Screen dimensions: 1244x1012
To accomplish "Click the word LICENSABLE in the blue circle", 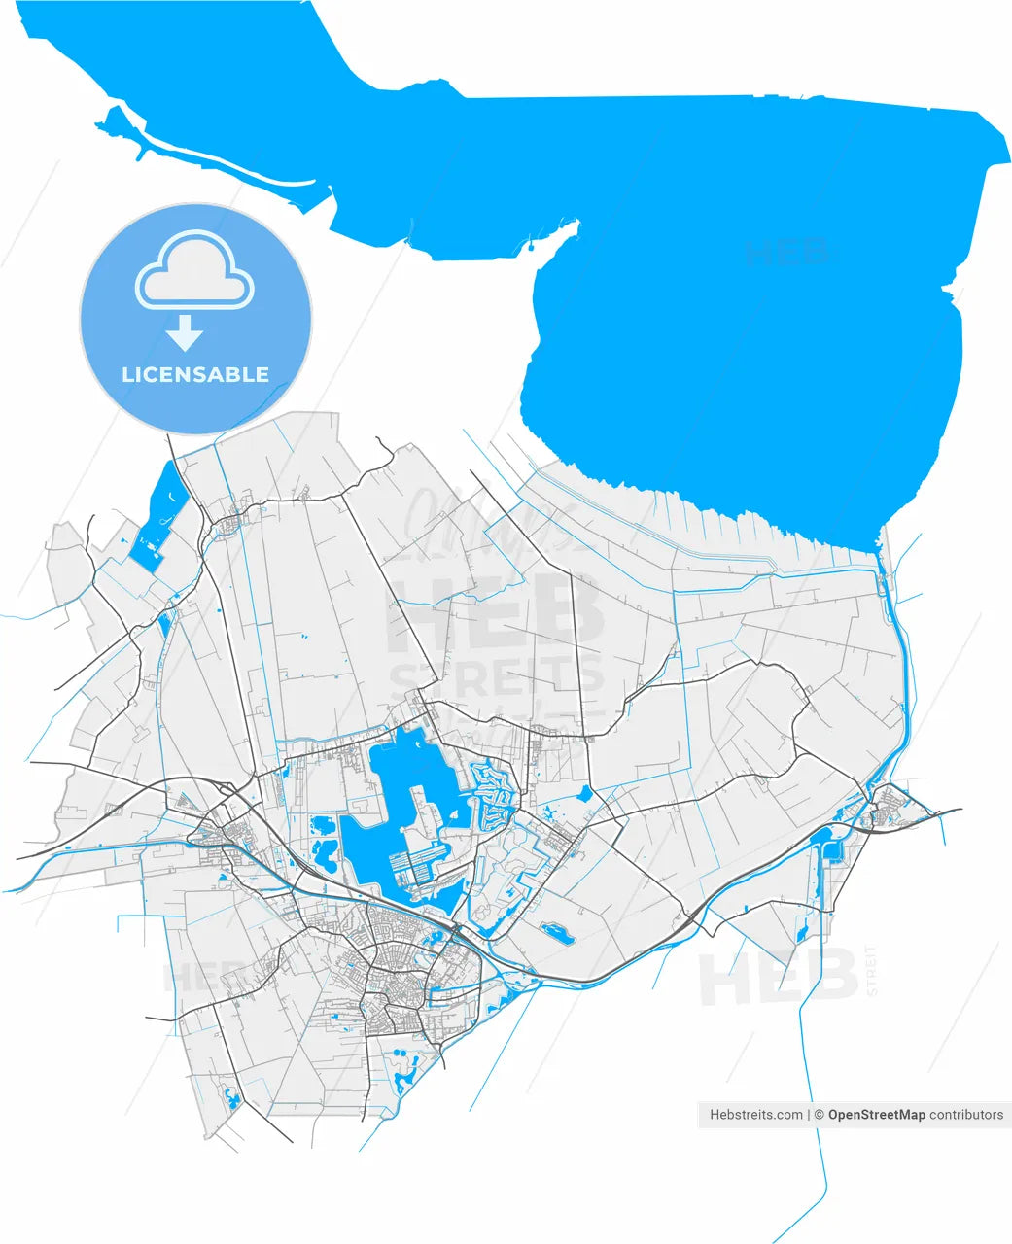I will (195, 374).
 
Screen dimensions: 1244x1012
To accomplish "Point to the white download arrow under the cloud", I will (184, 333).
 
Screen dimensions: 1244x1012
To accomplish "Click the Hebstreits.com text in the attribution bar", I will (756, 1115).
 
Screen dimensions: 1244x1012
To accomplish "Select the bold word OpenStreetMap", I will (876, 1115).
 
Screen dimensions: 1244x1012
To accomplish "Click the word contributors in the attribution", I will (966, 1115).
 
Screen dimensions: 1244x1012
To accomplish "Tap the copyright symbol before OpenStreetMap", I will (820, 1115).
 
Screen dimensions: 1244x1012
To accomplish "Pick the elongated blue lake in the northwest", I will (157, 515).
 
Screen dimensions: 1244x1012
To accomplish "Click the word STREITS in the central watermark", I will (497, 676).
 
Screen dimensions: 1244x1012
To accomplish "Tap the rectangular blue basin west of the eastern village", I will (832, 844).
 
